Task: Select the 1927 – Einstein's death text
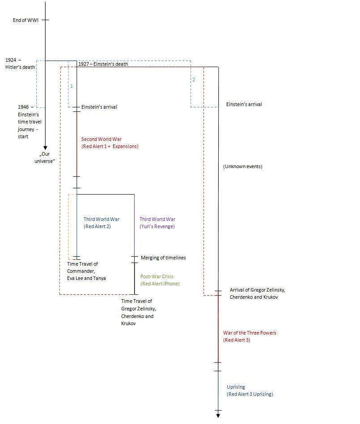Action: [103, 64]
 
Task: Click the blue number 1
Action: [72, 85]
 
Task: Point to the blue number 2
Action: [194, 80]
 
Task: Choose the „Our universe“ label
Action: [44, 158]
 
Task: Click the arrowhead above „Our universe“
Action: [45, 148]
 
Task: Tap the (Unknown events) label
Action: [242, 166]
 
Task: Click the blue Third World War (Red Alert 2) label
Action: [102, 223]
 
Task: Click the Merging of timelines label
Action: [163, 258]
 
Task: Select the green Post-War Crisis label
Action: [160, 280]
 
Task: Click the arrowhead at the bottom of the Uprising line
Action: [218, 416]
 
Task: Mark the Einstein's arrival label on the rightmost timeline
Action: [244, 104]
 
